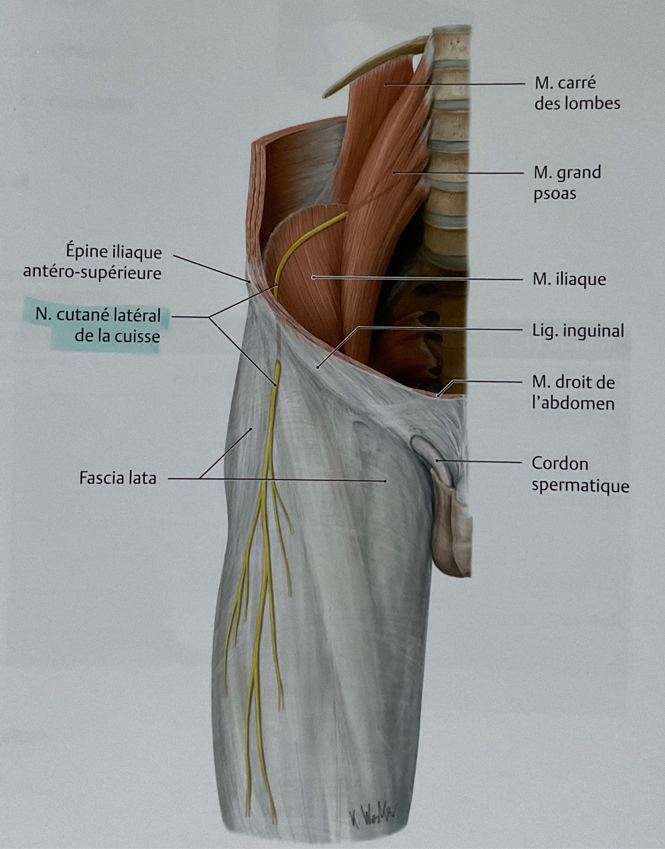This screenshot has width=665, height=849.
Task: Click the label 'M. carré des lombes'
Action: tap(577, 93)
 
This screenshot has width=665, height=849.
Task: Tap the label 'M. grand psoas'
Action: tap(567, 182)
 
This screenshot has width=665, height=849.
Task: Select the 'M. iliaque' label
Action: tap(569, 279)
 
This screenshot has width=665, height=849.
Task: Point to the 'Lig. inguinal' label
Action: tap(578, 330)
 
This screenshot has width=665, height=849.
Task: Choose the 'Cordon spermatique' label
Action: tap(580, 474)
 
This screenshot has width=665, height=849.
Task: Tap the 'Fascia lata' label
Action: tap(118, 478)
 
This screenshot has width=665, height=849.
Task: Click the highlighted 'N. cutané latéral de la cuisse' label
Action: tap(98, 325)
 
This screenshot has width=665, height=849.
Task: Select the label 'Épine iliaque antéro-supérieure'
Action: tap(114, 262)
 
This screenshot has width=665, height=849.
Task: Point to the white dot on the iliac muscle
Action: tap(313, 277)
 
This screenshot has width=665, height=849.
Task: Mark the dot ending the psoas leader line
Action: tap(394, 173)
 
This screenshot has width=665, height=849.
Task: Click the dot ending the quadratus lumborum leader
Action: tap(385, 85)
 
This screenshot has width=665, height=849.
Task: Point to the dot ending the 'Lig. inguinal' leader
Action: tap(317, 367)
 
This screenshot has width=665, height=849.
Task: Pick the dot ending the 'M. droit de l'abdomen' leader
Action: tap(438, 396)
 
